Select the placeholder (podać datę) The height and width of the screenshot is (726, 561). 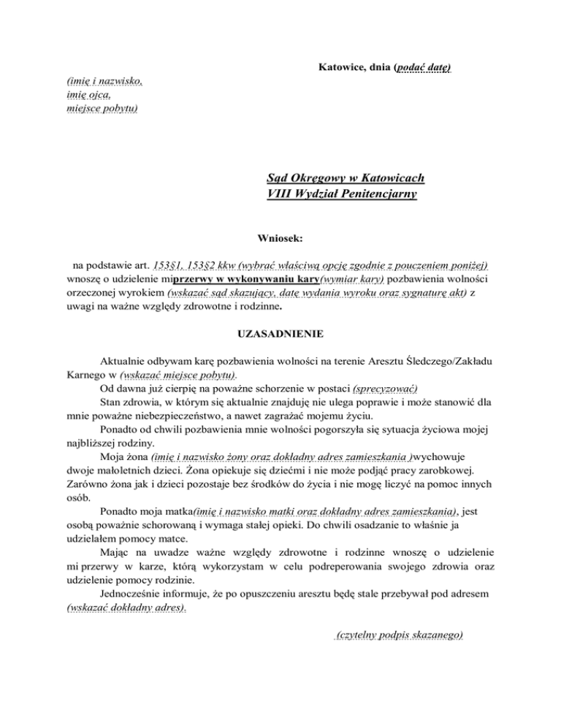423,68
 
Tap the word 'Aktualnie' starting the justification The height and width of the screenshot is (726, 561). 123,359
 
